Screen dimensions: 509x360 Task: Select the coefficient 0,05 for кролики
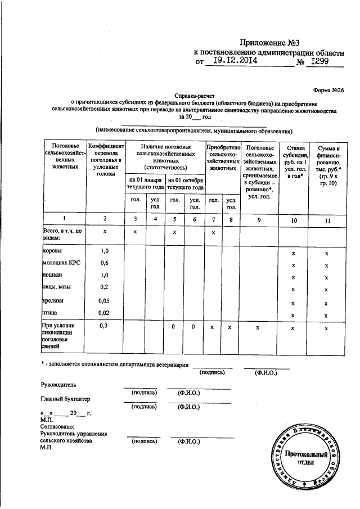[x=103, y=300]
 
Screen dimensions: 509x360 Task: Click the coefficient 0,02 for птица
[x=103, y=313]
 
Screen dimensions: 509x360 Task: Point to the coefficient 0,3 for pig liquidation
[x=103, y=326]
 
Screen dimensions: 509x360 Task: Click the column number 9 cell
[x=259, y=220]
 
